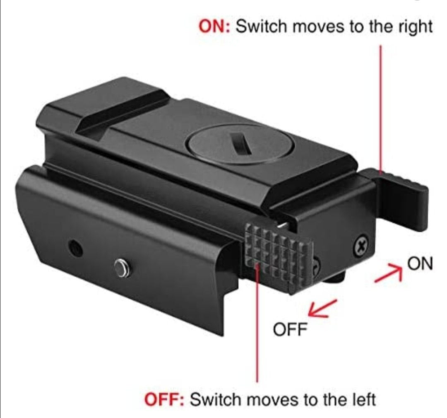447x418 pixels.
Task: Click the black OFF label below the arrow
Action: (x=290, y=329)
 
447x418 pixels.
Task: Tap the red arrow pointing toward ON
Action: (x=388, y=273)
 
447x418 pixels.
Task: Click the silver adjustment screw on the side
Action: (x=121, y=268)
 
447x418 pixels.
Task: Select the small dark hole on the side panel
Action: (x=76, y=248)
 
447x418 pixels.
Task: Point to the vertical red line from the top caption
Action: (x=380, y=109)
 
